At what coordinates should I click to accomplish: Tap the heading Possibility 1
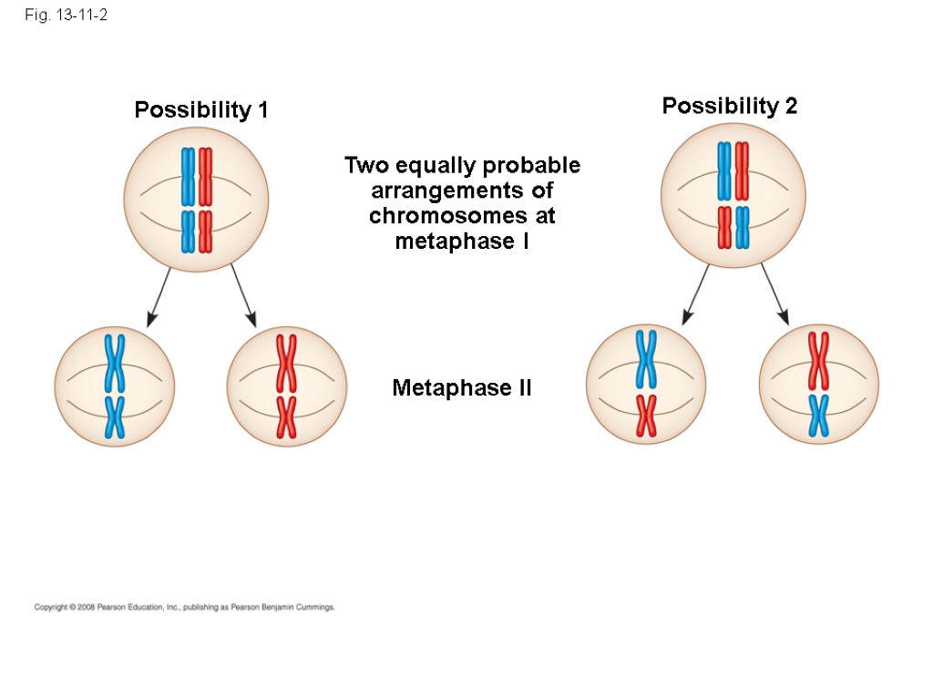[x=200, y=110]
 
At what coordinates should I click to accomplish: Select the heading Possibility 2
[x=729, y=107]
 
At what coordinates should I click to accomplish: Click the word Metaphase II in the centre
[x=462, y=388]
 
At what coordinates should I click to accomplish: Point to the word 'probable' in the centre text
[x=532, y=166]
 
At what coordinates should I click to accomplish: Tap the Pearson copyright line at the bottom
[x=185, y=606]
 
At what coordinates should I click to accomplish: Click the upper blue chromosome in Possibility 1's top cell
[x=188, y=176]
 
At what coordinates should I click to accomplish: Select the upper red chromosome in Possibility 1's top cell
[x=205, y=176]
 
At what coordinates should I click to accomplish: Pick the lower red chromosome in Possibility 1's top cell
[x=205, y=232]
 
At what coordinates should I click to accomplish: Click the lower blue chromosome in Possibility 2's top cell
[x=743, y=227]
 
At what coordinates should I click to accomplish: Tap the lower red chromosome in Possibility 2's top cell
[x=724, y=227]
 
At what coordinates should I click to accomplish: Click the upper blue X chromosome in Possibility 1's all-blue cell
[x=115, y=362]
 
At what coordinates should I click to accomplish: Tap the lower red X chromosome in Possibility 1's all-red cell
[x=286, y=417]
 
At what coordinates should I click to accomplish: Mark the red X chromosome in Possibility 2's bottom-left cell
[x=646, y=415]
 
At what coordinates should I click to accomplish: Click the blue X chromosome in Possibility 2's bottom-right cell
[x=818, y=415]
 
